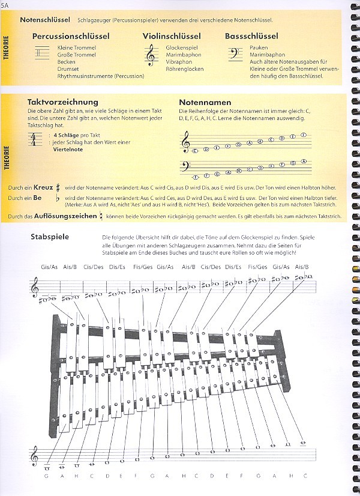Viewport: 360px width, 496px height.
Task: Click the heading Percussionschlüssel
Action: pyautogui.click(x=71, y=36)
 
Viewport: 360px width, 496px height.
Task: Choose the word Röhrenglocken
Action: pyautogui.click(x=185, y=69)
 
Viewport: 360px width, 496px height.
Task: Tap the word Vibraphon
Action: pyautogui.click(x=179, y=62)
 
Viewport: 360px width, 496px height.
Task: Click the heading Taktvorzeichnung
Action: pyautogui.click(x=62, y=102)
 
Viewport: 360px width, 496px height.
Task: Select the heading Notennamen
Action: pyautogui.click(x=205, y=103)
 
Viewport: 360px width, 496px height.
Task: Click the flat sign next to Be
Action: pyautogui.click(x=57, y=198)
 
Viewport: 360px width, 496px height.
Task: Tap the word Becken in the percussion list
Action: pyautogui.click(x=66, y=62)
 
